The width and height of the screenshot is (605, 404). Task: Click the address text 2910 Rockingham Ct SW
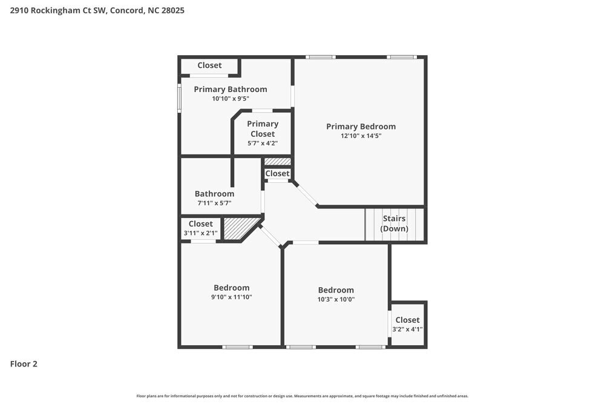click(58, 10)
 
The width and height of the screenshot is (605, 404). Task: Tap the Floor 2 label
click(24, 364)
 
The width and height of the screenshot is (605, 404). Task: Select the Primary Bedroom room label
click(361, 127)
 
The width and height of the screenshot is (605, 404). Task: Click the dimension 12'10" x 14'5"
click(361, 136)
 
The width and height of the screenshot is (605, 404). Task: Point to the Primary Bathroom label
click(230, 89)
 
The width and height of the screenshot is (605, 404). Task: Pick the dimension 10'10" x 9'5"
click(230, 99)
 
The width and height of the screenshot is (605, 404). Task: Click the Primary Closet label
click(263, 128)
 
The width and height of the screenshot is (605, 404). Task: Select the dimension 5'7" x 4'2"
click(263, 144)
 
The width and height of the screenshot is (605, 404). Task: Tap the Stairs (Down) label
click(394, 224)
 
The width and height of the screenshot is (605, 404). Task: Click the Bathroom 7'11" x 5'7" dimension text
click(214, 204)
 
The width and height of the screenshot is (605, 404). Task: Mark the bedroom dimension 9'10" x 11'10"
click(231, 297)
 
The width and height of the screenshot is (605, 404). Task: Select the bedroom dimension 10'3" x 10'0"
click(336, 299)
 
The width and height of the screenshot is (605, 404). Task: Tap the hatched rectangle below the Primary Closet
click(278, 162)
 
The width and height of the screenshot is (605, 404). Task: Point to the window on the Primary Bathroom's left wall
click(179, 98)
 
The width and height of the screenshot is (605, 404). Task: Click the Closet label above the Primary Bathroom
click(209, 65)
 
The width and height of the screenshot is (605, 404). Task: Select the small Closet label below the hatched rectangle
click(277, 173)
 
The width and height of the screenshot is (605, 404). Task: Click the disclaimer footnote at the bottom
click(302, 396)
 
